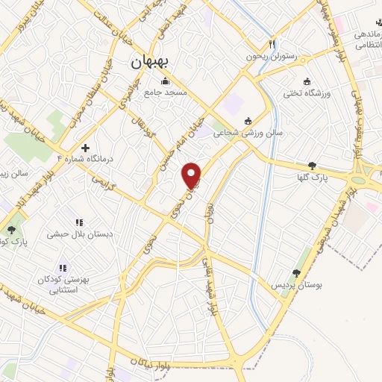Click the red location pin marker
pyautogui.click(x=192, y=175)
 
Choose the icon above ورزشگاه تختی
pyautogui.click(x=307, y=81)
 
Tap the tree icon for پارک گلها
pyautogui.click(x=312, y=166)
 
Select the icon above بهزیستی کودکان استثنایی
pyautogui.click(x=63, y=268)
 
